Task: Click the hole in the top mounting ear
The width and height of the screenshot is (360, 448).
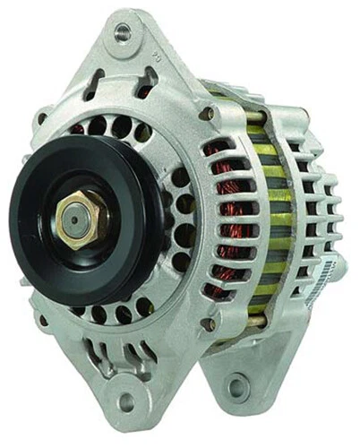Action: coord(123,32)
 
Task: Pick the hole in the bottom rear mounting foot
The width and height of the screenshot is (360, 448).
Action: coord(236,388)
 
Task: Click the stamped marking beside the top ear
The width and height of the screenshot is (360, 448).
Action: coord(158,55)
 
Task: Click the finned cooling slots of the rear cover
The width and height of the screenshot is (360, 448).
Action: coord(309,215)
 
